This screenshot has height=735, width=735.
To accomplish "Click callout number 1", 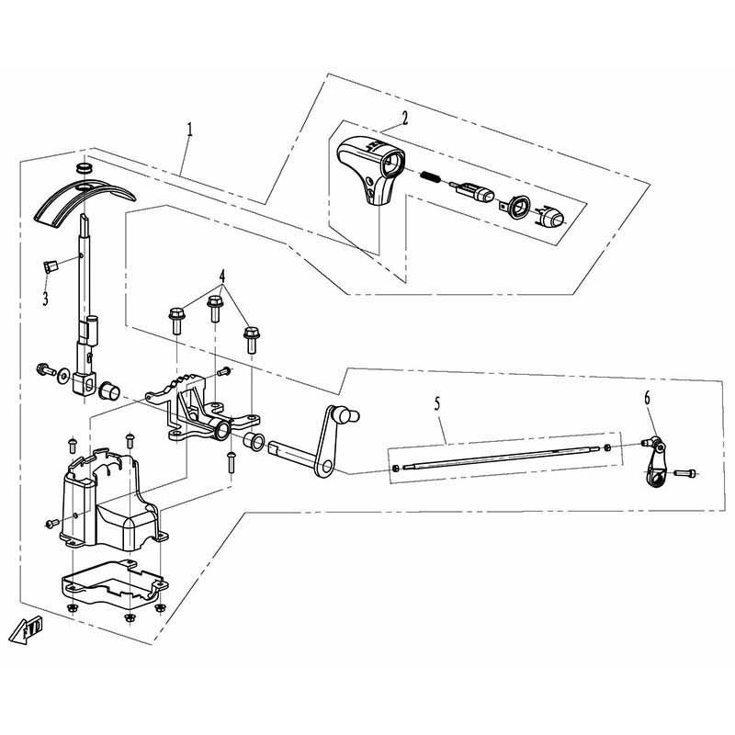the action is pyautogui.click(x=189, y=130).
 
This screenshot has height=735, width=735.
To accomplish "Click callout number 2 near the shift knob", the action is pyautogui.click(x=404, y=118).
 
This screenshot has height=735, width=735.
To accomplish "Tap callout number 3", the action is pyautogui.click(x=45, y=298).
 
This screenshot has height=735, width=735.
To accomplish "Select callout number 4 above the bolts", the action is pyautogui.click(x=222, y=277).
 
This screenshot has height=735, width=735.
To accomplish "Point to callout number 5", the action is pyautogui.click(x=437, y=403).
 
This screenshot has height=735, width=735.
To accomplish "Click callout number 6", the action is pyautogui.click(x=648, y=399).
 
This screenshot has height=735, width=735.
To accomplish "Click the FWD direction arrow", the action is pyautogui.click(x=27, y=628).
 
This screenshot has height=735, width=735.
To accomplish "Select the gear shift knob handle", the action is pyautogui.click(x=370, y=170).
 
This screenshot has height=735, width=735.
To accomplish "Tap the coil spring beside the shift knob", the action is pyautogui.click(x=430, y=177).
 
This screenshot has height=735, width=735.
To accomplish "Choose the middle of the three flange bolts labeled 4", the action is pyautogui.click(x=215, y=308).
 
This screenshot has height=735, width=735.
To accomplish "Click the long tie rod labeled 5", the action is pyautogui.click(x=501, y=458).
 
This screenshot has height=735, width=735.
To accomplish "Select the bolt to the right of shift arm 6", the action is pyautogui.click(x=685, y=472).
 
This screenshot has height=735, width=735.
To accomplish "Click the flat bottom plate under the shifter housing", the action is pyautogui.click(x=114, y=583).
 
